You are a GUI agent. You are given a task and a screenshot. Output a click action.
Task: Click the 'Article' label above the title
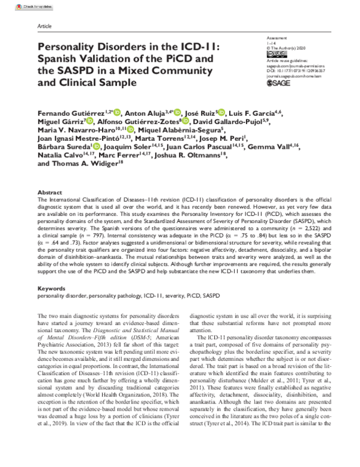click(x=44, y=28)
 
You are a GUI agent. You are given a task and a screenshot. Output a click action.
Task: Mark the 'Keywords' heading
click(x=51, y=288)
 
